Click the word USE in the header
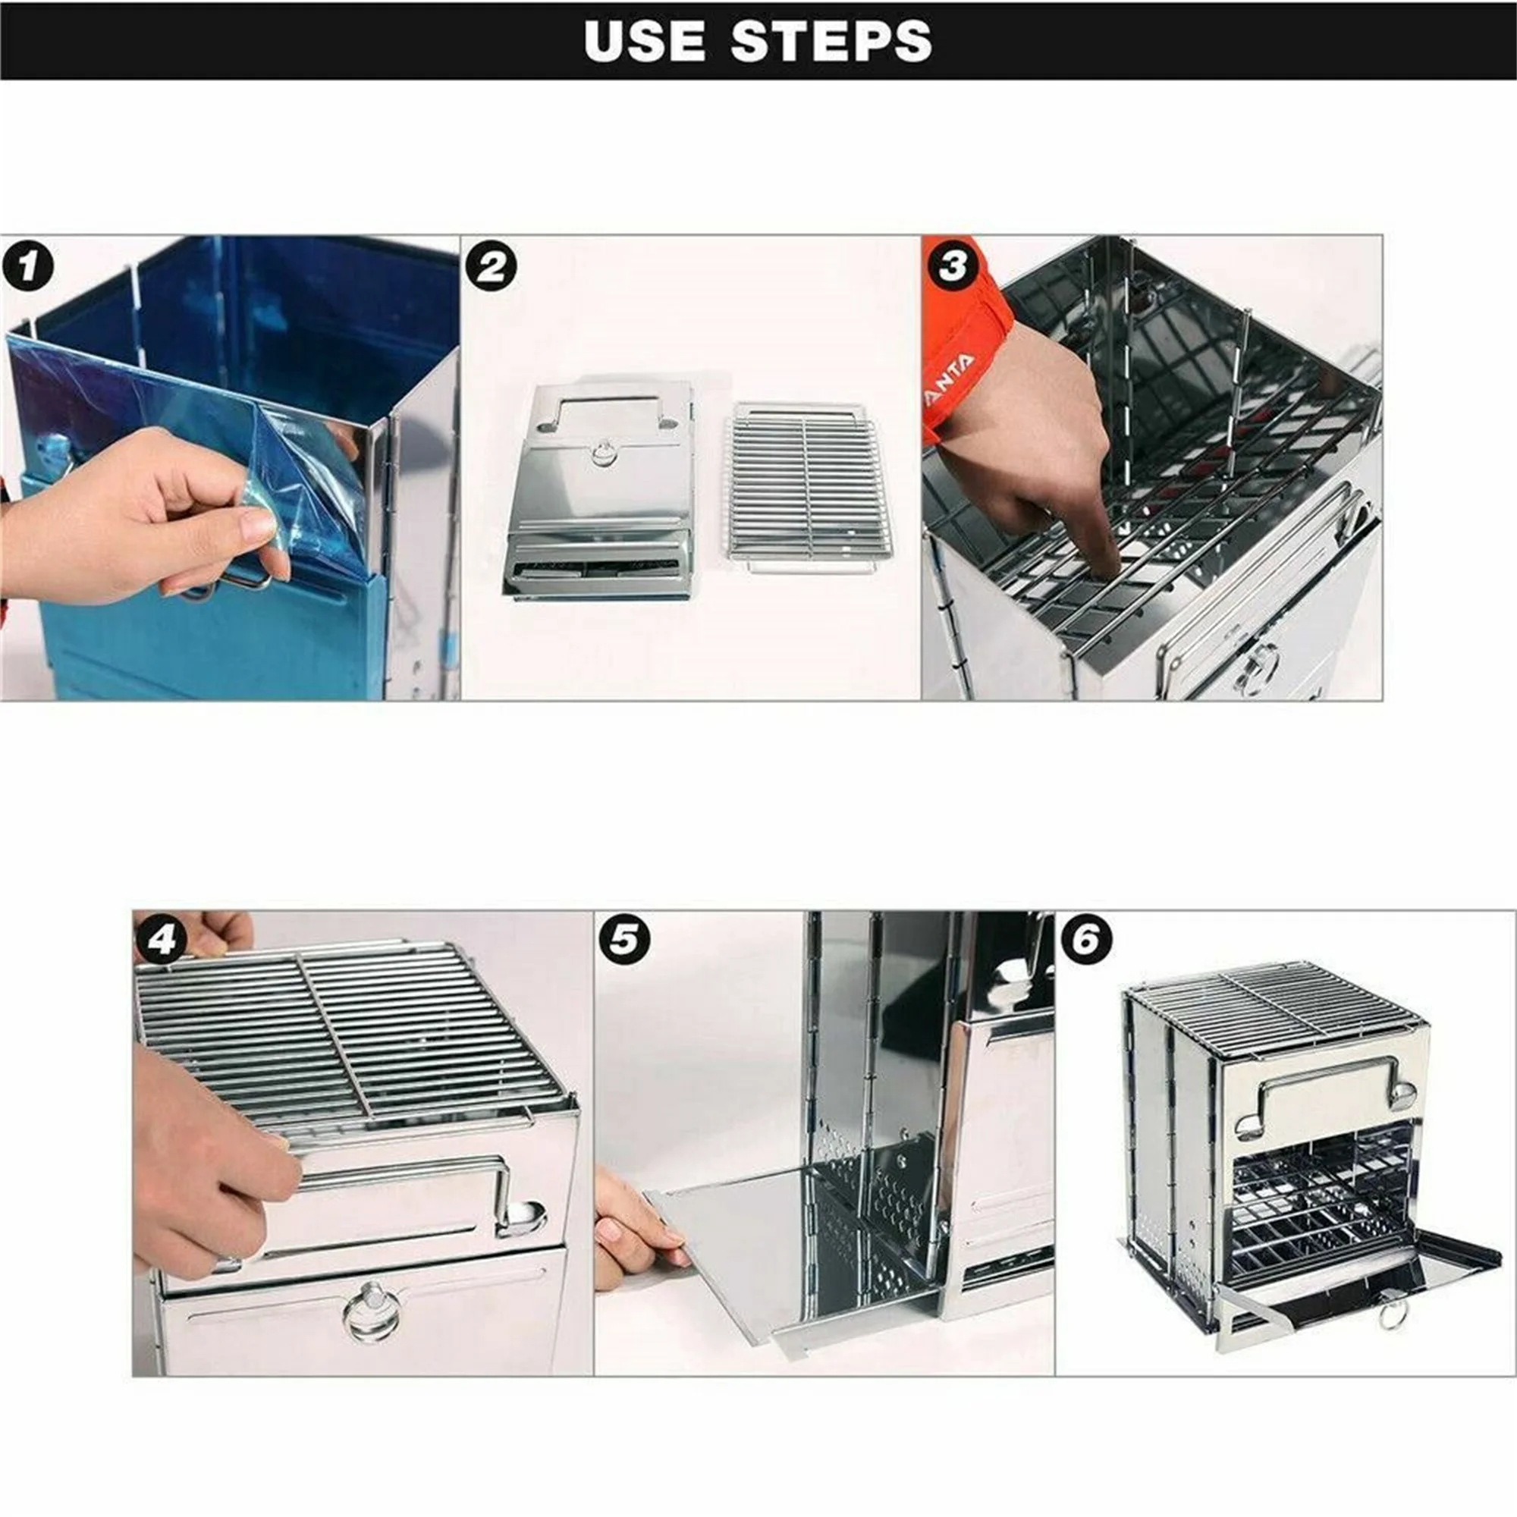645,40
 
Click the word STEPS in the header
831,40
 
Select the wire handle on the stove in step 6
1326,1100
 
